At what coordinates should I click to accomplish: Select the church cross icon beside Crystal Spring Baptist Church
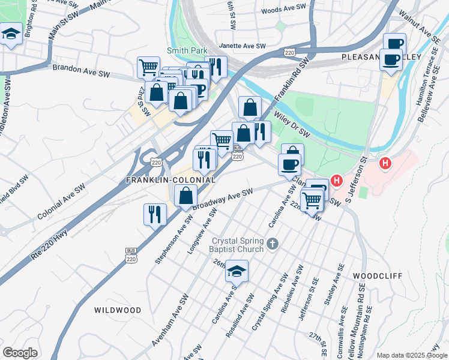click(273, 244)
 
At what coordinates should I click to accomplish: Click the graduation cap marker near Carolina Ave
click(237, 272)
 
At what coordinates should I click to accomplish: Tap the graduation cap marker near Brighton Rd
click(11, 34)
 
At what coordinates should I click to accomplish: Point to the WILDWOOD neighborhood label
click(118, 310)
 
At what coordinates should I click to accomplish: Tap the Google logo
click(20, 353)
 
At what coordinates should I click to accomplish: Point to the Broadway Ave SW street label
click(222, 199)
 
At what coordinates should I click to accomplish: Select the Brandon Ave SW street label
click(81, 70)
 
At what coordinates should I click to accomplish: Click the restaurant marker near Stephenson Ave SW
click(155, 214)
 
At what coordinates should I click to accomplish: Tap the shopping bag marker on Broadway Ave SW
click(186, 195)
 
